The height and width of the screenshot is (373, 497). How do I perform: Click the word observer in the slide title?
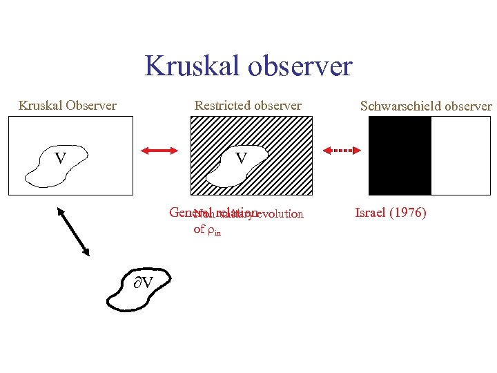point(301,66)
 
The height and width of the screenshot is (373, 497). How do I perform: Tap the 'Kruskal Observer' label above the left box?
point(67,106)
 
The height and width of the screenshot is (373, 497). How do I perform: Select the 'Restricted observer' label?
point(248,106)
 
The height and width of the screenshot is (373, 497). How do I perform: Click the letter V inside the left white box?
point(60,159)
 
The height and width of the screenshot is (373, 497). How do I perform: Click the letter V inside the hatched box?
point(241,160)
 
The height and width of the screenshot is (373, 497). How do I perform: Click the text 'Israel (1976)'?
point(391,213)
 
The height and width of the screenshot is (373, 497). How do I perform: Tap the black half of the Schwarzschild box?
point(400,155)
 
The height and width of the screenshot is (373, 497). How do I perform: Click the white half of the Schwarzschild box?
point(460,155)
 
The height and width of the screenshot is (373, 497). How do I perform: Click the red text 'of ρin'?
point(207,229)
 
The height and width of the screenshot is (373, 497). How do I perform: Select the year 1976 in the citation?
point(408,213)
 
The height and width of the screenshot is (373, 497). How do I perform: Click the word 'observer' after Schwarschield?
point(469,106)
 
